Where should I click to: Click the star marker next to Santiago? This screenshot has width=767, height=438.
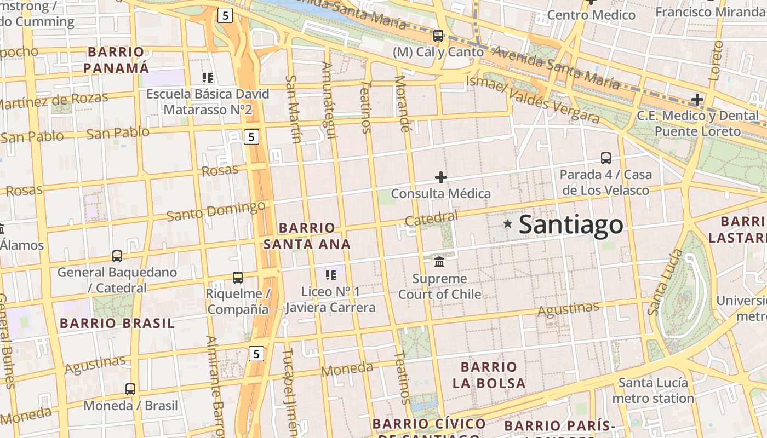[508, 223]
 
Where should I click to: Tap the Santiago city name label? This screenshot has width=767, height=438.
[571, 224]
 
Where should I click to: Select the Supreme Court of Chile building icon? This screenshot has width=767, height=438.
[439, 262]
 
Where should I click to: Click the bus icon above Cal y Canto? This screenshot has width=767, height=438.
[438, 36]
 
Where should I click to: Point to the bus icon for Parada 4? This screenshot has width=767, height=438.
[605, 158]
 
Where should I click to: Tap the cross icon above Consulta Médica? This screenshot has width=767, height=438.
[440, 177]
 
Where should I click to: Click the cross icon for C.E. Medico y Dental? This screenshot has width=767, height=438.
[697, 100]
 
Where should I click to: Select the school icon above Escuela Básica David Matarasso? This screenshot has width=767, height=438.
[207, 78]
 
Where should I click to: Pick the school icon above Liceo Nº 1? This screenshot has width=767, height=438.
[330, 275]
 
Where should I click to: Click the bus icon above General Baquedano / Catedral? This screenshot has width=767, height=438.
[117, 256]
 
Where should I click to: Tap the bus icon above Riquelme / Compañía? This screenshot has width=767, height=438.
[238, 278]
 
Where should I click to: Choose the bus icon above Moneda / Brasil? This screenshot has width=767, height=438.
[130, 389]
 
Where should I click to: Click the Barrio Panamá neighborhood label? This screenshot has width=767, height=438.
[116, 60]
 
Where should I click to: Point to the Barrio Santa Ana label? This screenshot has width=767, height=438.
[307, 236]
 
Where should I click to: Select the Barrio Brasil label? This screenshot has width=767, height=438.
[117, 323]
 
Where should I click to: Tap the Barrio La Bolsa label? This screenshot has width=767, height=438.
[489, 375]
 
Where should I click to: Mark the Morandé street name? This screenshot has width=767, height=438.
[402, 104]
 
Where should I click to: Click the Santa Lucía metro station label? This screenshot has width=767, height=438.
[653, 390]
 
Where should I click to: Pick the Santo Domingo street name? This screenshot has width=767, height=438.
[216, 211]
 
